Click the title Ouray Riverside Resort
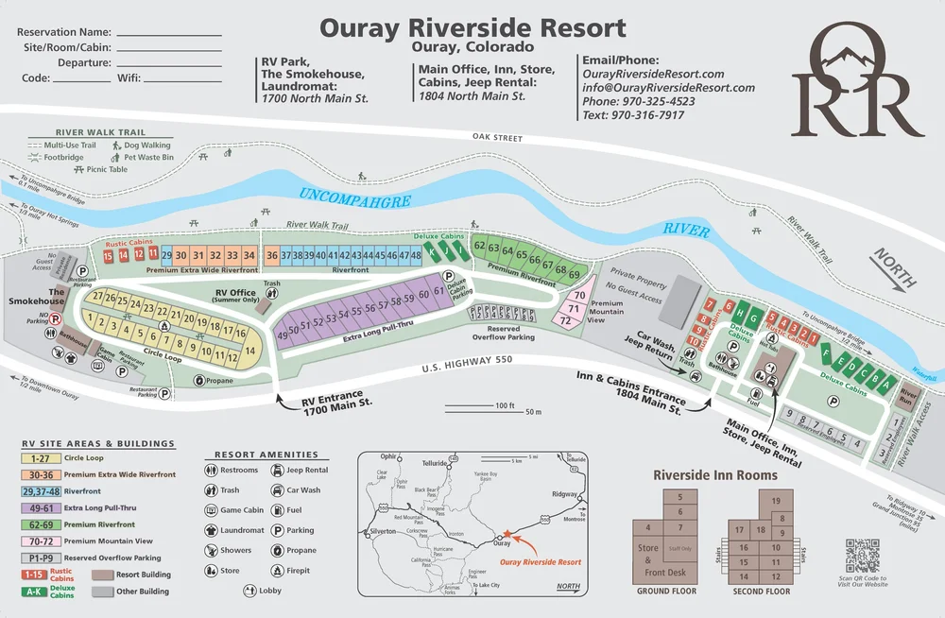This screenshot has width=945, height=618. (x=472, y=27)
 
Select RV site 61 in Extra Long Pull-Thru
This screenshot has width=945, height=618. (x=438, y=292)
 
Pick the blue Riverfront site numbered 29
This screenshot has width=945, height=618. (x=166, y=255)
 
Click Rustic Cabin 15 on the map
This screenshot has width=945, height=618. (x=109, y=258)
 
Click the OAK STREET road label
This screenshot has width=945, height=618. (x=497, y=138)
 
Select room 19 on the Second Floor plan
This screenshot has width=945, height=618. (x=776, y=501)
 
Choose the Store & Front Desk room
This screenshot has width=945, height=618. (x=648, y=558)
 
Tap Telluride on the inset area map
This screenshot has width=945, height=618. (x=434, y=464)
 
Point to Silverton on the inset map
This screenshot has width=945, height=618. (x=384, y=531)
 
